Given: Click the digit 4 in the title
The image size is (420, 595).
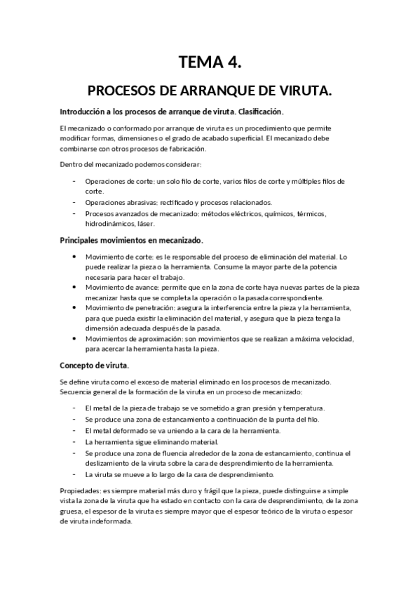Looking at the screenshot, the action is (x=233, y=64).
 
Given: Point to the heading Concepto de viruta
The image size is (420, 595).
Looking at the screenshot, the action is (x=95, y=366).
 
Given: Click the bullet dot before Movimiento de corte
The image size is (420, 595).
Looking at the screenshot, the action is (x=75, y=256).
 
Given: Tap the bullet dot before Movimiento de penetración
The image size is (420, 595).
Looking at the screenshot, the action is (x=75, y=308).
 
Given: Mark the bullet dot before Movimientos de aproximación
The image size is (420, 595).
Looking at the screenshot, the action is (x=75, y=339).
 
